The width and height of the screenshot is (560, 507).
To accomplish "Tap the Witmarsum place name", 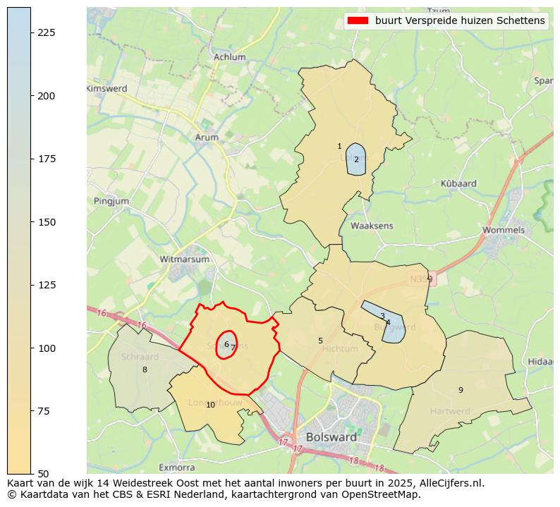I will pyautogui.click(x=185, y=259).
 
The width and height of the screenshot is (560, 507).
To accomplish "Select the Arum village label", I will pyautogui.click(x=207, y=138).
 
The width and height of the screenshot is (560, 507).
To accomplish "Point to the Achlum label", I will pyautogui.click(x=229, y=57).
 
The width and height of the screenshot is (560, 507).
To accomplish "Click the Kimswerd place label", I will pyautogui.click(x=106, y=89).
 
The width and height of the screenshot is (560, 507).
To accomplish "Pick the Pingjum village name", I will pyautogui.click(x=111, y=201).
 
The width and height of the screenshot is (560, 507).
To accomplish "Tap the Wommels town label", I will pyautogui.click(x=504, y=230).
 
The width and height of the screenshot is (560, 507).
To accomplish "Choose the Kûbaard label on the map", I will pyautogui.click(x=458, y=183).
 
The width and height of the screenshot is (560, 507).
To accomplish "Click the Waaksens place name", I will pyautogui.click(x=372, y=226).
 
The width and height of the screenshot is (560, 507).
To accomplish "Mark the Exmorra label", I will pyautogui.click(x=176, y=467).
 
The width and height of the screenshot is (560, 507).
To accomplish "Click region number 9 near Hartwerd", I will pyautogui.click(x=461, y=390).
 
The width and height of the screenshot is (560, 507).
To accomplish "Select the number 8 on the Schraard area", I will pyautogui.click(x=145, y=369).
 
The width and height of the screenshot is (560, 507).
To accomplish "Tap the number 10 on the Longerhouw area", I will pyautogui.click(x=210, y=405).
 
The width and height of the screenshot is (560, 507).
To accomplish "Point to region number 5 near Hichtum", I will pyautogui.click(x=320, y=341).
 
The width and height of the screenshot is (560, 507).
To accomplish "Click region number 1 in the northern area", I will pyautogui.click(x=339, y=146).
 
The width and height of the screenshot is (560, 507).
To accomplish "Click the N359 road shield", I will pyautogui.click(x=422, y=280).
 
